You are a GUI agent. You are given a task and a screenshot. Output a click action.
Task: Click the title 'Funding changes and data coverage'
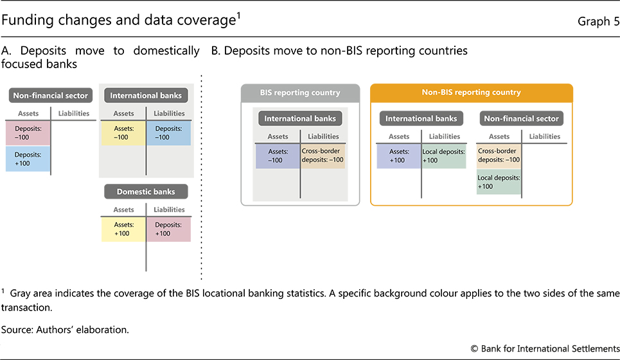[x=120, y=21]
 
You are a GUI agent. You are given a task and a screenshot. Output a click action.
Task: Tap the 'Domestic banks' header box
[x=146, y=192]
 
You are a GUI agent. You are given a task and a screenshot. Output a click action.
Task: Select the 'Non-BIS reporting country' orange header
[x=472, y=93]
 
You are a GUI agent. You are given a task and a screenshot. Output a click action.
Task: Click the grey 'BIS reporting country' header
[x=299, y=93]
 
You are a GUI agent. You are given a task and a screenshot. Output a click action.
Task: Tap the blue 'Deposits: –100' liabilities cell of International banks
[x=168, y=132]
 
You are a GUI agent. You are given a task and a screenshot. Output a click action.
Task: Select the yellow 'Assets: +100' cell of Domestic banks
[x=124, y=229]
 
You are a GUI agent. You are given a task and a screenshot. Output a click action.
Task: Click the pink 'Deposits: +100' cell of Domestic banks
[x=168, y=229]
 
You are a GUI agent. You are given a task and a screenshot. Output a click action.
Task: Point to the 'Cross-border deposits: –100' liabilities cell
[x=323, y=155]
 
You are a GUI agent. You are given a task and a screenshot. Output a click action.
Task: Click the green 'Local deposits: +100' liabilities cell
[x=443, y=156]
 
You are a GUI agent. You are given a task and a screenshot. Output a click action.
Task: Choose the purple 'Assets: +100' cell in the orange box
[x=399, y=156]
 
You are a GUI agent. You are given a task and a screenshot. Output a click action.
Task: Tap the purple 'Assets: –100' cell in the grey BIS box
[x=278, y=155]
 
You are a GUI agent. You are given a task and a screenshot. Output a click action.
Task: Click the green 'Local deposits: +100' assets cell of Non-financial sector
[x=498, y=181]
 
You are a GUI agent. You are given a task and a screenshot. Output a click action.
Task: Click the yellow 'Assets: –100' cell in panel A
[x=124, y=132]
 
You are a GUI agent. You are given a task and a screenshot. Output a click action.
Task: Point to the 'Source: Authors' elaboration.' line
[x=66, y=330]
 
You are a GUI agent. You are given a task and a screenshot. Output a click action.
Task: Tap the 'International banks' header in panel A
[x=146, y=96]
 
